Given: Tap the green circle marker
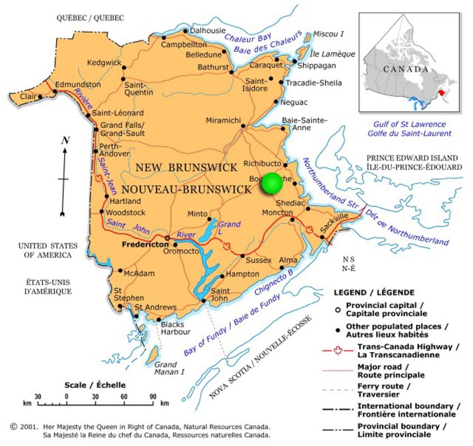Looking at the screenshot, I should [272, 184].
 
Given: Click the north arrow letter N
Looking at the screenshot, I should [65, 141].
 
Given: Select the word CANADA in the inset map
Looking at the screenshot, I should [406, 70].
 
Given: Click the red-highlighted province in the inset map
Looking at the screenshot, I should [442, 91].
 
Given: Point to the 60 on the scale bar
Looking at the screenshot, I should [124, 396].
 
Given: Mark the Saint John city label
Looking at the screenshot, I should [220, 295].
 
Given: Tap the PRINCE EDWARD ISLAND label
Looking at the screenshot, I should [412, 158].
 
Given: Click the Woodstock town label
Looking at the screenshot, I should [126, 212].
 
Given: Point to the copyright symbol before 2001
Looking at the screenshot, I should [13, 427].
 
